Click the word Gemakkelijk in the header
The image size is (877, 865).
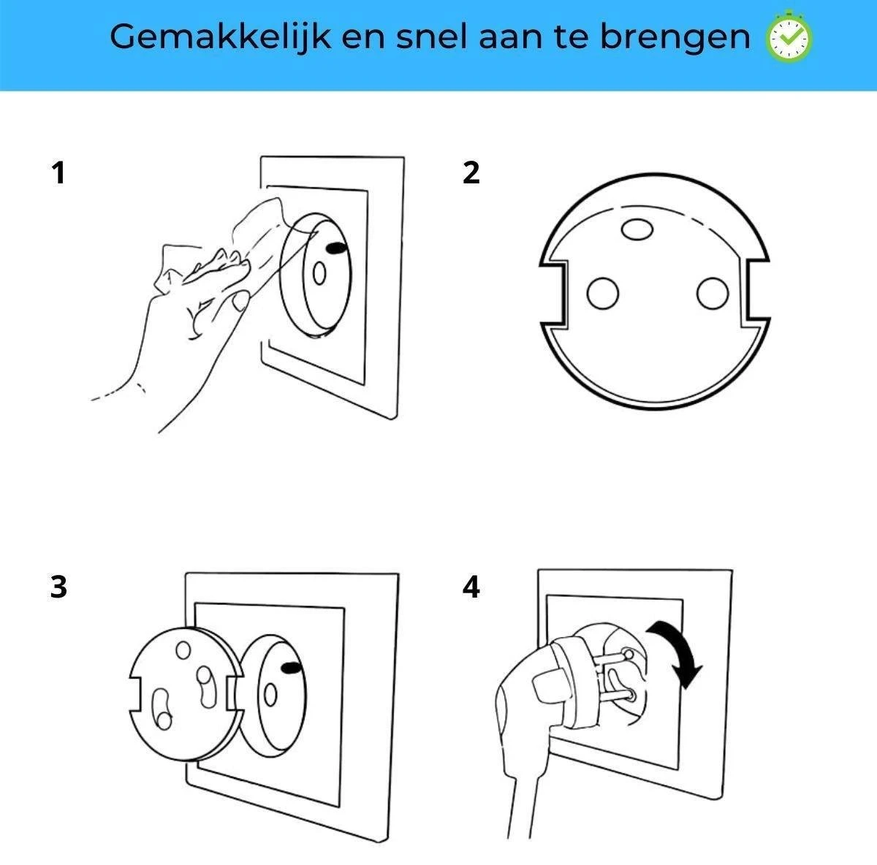point(220,37)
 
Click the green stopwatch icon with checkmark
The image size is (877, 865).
point(789,36)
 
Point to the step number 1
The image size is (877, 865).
point(58,173)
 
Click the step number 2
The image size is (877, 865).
point(471,173)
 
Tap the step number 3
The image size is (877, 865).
point(58,587)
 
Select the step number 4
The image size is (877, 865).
point(471,587)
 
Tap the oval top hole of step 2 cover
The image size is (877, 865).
point(637,229)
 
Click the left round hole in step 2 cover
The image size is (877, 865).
point(602,294)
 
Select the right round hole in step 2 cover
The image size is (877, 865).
point(713,294)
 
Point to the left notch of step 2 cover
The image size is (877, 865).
point(554,294)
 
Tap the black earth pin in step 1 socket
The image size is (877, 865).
point(337,248)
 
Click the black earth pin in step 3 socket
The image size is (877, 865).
point(292,668)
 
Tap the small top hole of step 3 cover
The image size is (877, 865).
point(183,649)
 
